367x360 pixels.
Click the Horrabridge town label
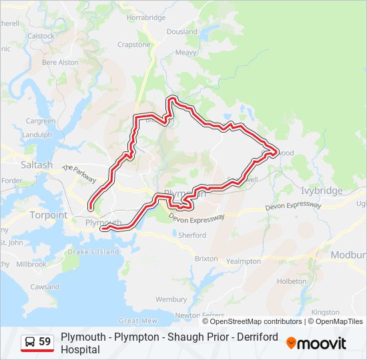[x=145, y=18]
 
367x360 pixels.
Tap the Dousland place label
[x=181, y=31]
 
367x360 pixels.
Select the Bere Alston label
[x=60, y=62]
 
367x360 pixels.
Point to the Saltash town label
[x=37, y=165]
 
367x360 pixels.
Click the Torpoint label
[x=48, y=215]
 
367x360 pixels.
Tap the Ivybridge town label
[x=321, y=191]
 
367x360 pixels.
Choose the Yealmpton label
[x=244, y=261]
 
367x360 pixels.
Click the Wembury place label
[x=171, y=300]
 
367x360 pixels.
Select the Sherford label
[x=192, y=235]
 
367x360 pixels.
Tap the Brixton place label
[x=206, y=258]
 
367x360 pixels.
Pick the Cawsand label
[x=45, y=287]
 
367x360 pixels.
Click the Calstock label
[x=41, y=36]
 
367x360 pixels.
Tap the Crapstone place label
[x=134, y=45]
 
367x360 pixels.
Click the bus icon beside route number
[x=30, y=342]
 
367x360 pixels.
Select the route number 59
[x=45, y=342]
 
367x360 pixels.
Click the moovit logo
[x=316, y=343]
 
